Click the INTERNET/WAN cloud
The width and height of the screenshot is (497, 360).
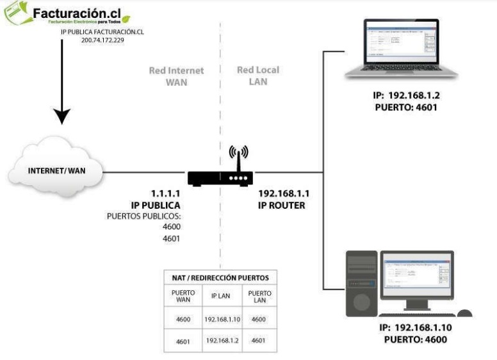click(55, 172)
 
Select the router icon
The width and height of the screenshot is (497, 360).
click(220, 177)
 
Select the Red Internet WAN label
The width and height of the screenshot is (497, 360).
click(176, 76)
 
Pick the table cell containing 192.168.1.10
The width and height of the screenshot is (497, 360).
click(220, 319)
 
